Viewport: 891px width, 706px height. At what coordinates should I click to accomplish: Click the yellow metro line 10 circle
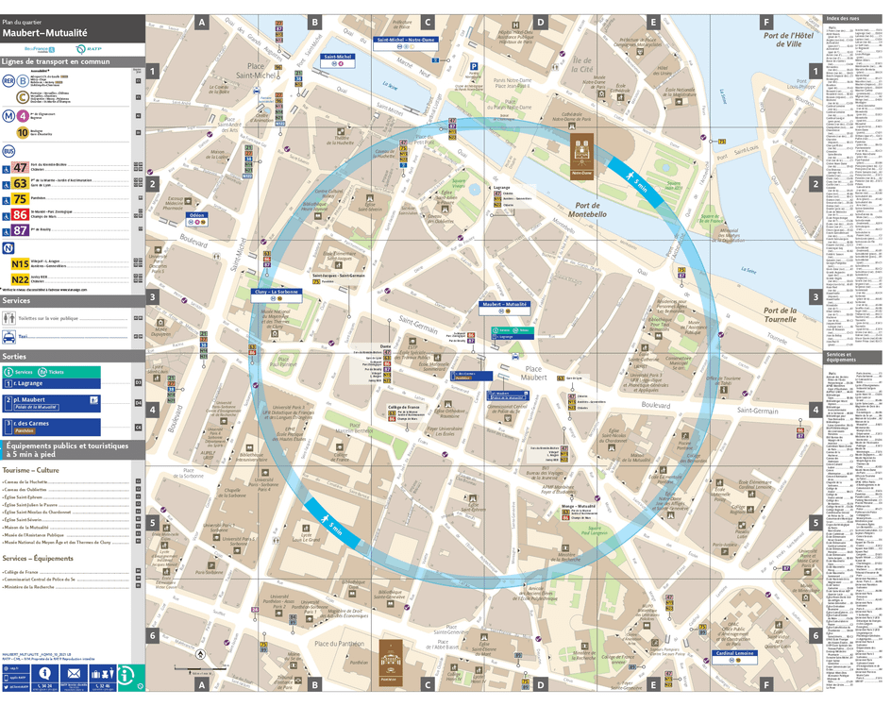[21, 132]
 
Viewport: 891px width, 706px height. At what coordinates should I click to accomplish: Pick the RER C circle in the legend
[21, 96]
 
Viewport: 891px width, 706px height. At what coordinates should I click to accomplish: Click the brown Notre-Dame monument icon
[581, 152]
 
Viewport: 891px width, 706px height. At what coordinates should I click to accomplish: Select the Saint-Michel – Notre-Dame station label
[406, 40]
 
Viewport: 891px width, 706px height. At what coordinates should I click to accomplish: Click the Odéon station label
[197, 215]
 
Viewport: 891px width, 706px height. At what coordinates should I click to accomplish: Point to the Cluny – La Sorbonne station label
[277, 293]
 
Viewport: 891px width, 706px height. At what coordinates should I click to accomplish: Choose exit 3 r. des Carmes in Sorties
[27, 424]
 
